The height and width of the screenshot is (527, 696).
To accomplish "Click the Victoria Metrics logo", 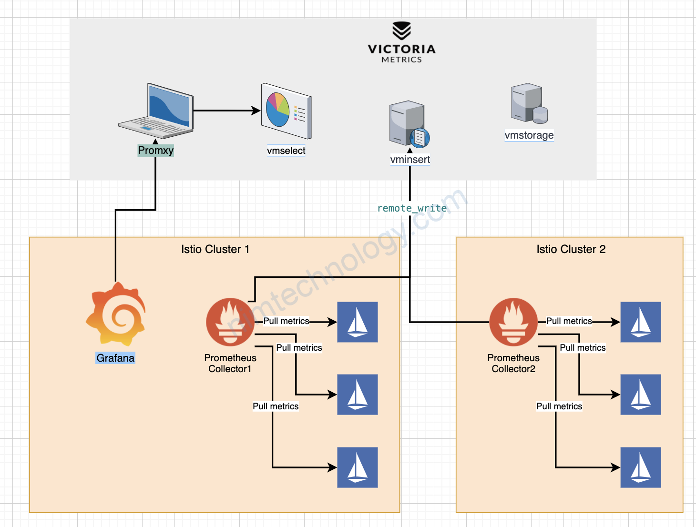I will pos(401,42).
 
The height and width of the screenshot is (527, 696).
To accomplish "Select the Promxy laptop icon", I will pos(156,111).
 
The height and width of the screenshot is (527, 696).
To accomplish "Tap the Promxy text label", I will pos(155,151).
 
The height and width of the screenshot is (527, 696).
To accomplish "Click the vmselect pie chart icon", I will pos(286,111).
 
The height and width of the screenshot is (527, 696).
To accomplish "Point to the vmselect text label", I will pos(286,151).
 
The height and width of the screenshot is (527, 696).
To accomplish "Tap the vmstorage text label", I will pos(529,135).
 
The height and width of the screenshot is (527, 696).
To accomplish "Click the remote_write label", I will pos(412,208).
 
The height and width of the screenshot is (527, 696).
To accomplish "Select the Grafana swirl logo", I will pos(116,314).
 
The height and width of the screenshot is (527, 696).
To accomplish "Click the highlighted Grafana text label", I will pos(115,358).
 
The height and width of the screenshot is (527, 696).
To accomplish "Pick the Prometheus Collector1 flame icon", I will pos(230,322).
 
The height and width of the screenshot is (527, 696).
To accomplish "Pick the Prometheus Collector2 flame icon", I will pos(513,322).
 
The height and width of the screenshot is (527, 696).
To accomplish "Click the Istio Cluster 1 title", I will pos(215,249).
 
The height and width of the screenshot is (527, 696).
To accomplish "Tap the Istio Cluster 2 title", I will pos(571,249).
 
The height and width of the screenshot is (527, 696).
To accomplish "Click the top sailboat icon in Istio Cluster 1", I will pos(358,322).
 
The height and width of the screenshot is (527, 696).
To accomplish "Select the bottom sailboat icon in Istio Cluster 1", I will pos(358,467).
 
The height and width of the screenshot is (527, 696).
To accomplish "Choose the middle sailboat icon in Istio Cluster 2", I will pos(641,395).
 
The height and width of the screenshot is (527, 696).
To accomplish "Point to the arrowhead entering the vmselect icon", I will pos(256,111).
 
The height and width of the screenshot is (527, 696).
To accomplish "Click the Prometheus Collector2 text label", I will pos(513,363).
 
